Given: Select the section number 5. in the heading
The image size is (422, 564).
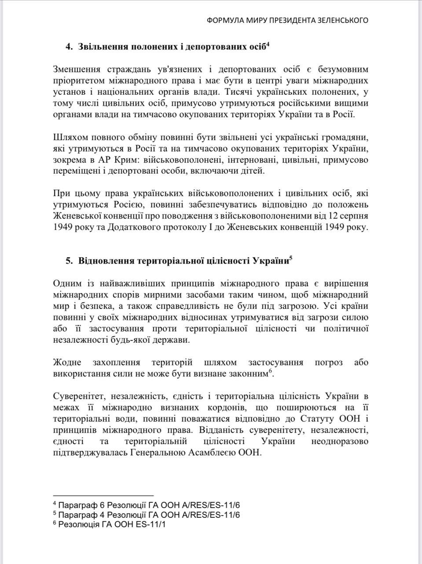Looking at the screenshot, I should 70,261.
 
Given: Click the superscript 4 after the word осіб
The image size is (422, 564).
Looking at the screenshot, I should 268,44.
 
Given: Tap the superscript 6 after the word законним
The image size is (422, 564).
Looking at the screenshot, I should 270,371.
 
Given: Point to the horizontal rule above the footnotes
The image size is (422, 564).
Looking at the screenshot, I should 103,496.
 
